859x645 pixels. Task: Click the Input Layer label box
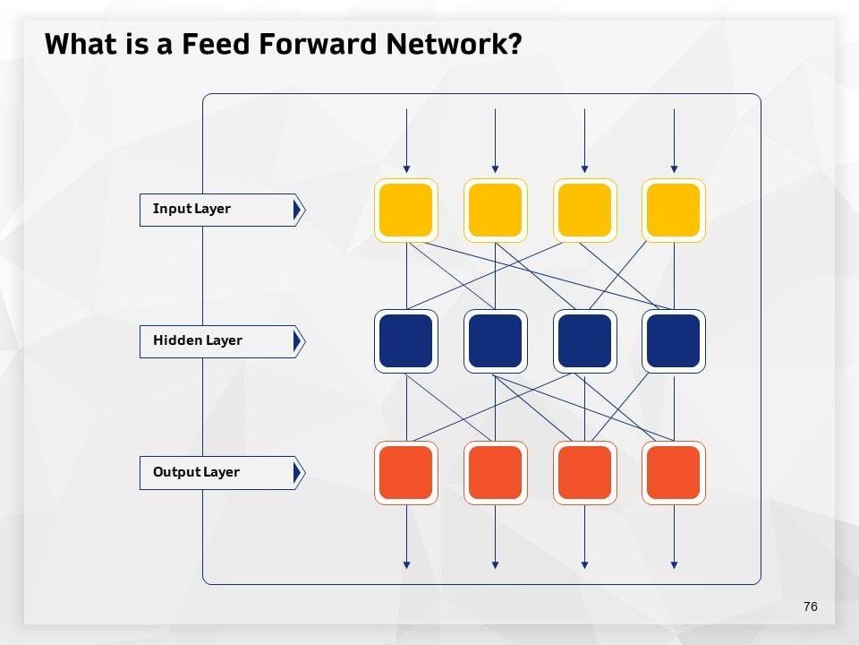(x=217, y=210)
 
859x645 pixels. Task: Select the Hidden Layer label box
(x=217, y=341)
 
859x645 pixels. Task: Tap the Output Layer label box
(x=217, y=473)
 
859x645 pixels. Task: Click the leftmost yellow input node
(x=406, y=210)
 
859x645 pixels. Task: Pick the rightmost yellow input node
(x=674, y=210)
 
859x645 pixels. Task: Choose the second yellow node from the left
(x=495, y=210)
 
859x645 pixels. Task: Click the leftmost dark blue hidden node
(x=406, y=341)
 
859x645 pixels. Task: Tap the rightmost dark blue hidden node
(x=674, y=341)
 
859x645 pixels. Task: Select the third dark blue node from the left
(x=584, y=341)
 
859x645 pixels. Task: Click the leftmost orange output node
(x=406, y=473)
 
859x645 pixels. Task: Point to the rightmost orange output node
(x=674, y=473)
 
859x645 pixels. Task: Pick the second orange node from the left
(x=495, y=473)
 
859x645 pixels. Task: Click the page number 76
(x=811, y=606)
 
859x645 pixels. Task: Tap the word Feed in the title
(x=216, y=45)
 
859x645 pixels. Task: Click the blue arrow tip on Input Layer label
(x=298, y=210)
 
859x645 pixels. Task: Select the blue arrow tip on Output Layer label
(x=298, y=473)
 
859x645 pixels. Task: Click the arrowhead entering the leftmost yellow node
(x=406, y=168)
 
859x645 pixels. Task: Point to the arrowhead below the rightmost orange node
(x=674, y=564)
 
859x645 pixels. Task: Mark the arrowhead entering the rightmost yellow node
(x=674, y=168)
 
